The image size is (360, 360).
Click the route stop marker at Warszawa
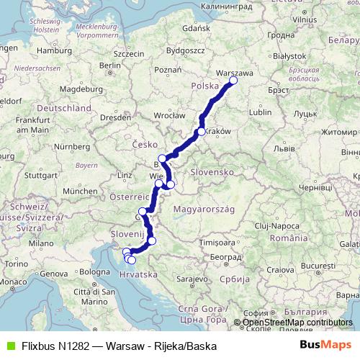(233, 81)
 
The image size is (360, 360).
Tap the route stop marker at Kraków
(202, 132)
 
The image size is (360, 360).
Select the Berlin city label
(110, 65)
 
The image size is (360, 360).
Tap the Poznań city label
(166, 71)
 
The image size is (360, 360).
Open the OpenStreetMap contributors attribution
(297, 323)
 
